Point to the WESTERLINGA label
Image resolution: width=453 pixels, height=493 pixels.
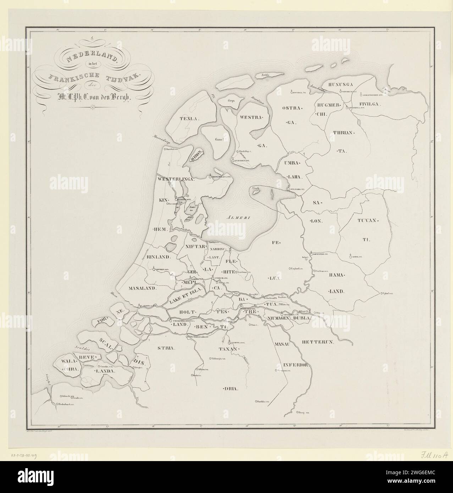point(177,180)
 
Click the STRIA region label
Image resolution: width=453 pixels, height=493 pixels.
point(166,348)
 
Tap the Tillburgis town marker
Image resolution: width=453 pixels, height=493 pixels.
point(211,359)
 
